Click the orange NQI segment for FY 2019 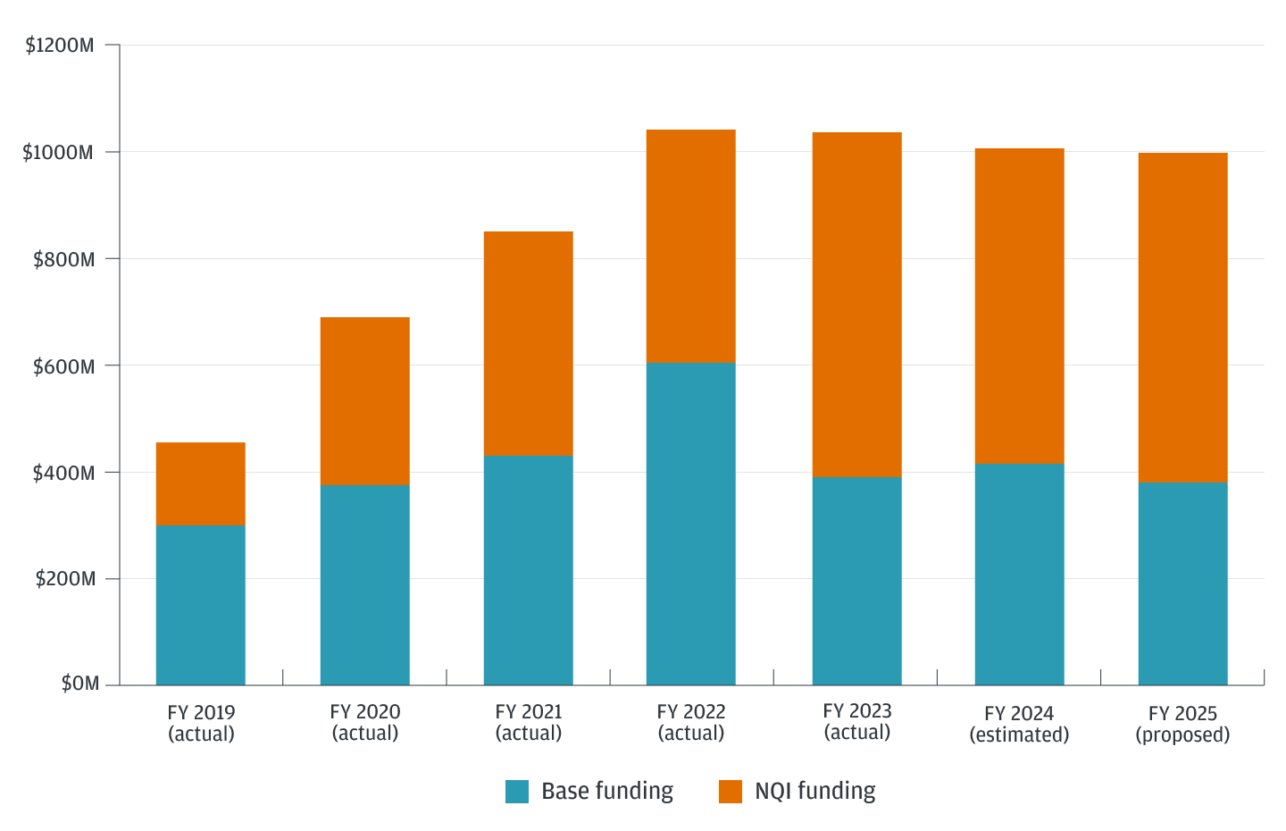tap(201, 483)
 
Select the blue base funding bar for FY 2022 tap(690, 524)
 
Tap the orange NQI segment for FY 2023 tap(856, 305)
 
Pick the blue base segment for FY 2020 tap(364, 585)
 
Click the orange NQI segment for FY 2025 tap(1182, 317)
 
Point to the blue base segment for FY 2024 tap(1019, 575)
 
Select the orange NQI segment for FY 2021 tap(528, 343)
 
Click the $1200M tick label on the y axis tap(60, 46)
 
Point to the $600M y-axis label tap(63, 366)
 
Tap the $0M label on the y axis tap(79, 684)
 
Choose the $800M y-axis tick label tap(63, 260)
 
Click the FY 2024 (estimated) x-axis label tap(1019, 724)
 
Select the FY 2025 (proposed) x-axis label tap(1182, 724)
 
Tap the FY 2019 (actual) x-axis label tap(201, 723)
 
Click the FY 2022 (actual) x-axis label tap(690, 722)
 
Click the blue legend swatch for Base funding tap(517, 792)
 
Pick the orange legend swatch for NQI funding tap(731, 792)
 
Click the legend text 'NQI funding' tap(814, 792)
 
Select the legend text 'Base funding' tap(607, 792)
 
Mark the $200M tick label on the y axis tap(65, 579)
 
